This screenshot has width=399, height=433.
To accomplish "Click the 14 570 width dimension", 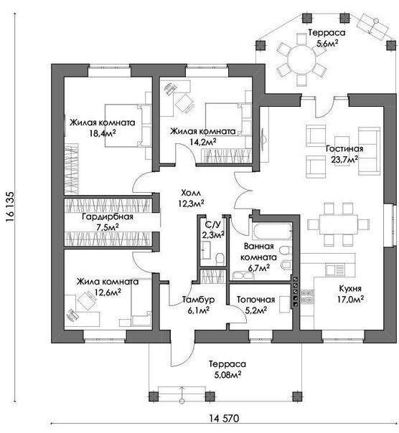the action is pos(224,418).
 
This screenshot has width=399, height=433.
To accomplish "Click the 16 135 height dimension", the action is pos(9,207).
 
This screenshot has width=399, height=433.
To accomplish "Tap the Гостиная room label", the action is pos(344,149).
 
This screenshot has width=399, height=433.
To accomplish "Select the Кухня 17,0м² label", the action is pos(350,294).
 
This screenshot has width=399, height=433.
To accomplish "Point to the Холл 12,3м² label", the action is pos(191,198).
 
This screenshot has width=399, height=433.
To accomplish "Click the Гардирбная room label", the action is pos(108,217).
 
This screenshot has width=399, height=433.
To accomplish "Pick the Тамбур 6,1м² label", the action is pos(198,305).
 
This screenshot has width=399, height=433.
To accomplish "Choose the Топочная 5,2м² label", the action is pos(255,305).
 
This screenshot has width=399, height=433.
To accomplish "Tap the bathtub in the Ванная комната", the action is pos(272,231).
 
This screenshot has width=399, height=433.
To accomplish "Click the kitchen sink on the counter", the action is pos(334,270).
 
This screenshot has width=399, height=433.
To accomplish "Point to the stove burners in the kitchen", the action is pos(306,297).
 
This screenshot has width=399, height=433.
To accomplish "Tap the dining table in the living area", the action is pos(338,224).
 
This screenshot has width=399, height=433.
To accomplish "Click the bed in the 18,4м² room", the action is pos(128,125).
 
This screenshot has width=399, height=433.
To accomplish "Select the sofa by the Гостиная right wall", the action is pos(369,151).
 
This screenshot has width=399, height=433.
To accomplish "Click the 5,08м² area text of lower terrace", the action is pos(227,375).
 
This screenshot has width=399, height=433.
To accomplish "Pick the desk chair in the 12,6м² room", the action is pos(86,300).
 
